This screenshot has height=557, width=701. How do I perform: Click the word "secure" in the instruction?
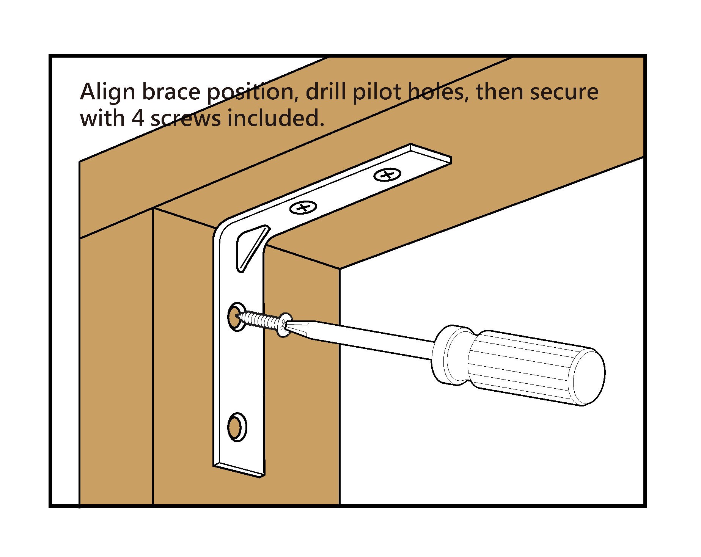click(564, 93)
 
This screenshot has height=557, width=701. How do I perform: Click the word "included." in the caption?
click(276, 118)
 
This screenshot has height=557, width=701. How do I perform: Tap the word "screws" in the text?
click(186, 118)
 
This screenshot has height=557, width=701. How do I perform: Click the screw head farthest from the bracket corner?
click(387, 175)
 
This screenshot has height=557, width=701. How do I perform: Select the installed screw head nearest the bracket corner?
click(303, 207)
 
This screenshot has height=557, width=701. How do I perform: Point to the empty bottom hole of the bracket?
click(237, 427)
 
